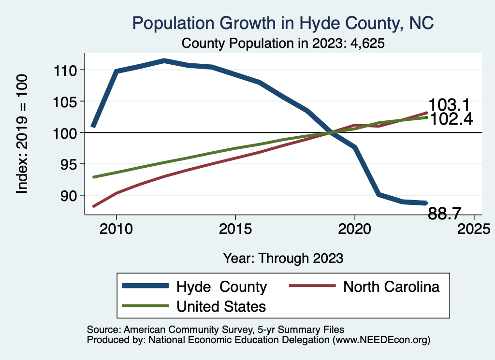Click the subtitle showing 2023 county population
283,43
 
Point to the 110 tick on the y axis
67,71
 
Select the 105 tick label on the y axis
67,101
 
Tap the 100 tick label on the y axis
67,133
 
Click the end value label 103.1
450,105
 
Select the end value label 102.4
451,119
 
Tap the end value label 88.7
445,213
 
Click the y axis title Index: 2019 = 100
22,134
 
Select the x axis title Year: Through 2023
283,258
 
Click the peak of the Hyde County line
164,60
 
